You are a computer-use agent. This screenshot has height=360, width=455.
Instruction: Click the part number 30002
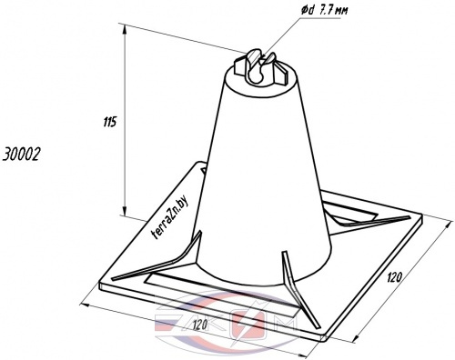tap(21, 155)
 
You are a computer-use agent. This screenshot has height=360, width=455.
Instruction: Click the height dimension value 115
tap(110, 123)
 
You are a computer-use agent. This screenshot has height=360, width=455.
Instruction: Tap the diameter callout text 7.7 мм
tap(333, 11)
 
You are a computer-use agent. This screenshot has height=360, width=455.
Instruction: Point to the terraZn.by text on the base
tap(169, 217)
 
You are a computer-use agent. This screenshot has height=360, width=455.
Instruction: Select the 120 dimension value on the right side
tap(395, 277)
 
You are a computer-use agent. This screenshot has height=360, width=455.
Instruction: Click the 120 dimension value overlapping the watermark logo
tap(199, 325)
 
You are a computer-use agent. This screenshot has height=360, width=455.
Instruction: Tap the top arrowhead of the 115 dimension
tap(125, 30)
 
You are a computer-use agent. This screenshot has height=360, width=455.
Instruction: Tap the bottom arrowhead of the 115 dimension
tap(125, 210)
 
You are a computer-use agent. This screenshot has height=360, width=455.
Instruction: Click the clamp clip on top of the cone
tap(260, 68)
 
